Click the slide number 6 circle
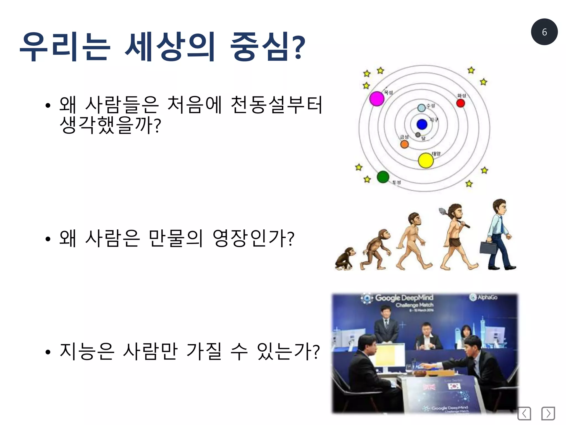544,32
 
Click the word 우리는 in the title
65,46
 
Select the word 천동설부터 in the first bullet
276,105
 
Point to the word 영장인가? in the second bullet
253,238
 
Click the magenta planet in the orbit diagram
377,99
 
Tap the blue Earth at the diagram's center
422,124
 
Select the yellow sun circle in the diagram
426,160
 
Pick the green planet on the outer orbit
383,177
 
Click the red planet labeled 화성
460,103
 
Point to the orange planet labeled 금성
404,144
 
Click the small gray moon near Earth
418,135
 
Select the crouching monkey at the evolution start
345,259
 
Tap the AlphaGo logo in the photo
484,297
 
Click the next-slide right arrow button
548,413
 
